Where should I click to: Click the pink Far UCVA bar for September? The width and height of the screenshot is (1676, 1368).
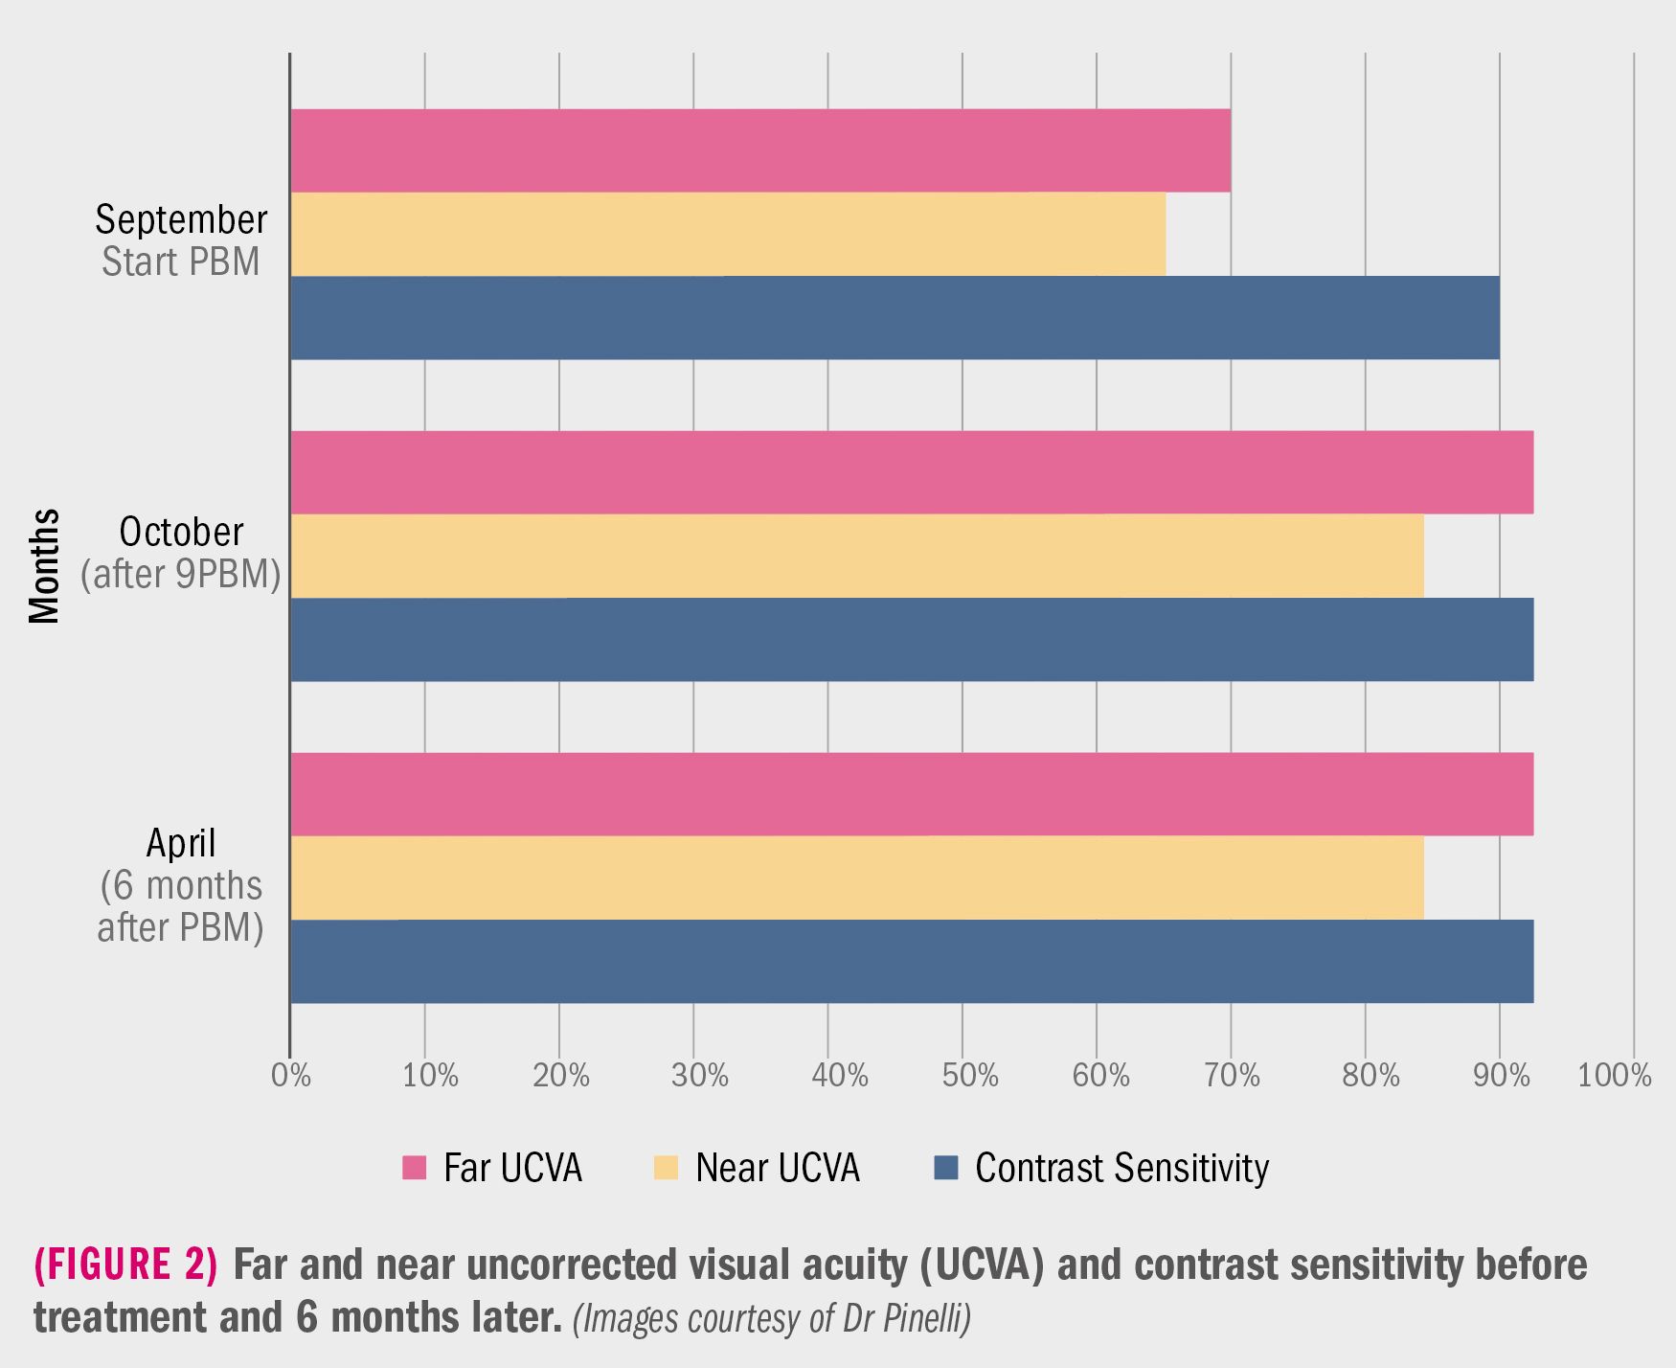(759, 150)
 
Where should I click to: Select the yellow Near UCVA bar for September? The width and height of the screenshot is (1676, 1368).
(728, 234)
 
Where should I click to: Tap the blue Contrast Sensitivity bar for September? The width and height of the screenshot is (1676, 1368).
(895, 318)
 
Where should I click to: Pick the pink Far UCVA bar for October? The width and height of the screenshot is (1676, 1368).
(911, 472)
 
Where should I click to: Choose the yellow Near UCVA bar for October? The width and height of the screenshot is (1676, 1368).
(856, 556)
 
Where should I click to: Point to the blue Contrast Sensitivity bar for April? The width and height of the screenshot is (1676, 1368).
(911, 961)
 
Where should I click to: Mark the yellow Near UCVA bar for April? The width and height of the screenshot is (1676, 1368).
(856, 878)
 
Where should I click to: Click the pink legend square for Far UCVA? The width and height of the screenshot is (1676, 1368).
(414, 1168)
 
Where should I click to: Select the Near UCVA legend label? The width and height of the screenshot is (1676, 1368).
(777, 1168)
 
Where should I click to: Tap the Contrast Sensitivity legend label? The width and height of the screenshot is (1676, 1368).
(1121, 1168)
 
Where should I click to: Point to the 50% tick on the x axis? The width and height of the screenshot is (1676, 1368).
(969, 1076)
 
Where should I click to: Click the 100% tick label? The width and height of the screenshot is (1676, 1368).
(1614, 1076)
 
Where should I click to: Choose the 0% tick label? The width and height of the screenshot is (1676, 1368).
(291, 1076)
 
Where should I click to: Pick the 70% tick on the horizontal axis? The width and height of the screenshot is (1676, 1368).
(1232, 1076)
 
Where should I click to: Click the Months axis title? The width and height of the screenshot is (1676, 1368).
(44, 566)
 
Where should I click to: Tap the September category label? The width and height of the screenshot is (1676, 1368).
(181, 219)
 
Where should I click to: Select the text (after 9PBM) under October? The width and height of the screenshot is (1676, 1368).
(181, 574)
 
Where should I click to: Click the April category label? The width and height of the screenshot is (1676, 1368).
(181, 843)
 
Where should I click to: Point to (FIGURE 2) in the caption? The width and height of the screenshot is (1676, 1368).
(125, 1265)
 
